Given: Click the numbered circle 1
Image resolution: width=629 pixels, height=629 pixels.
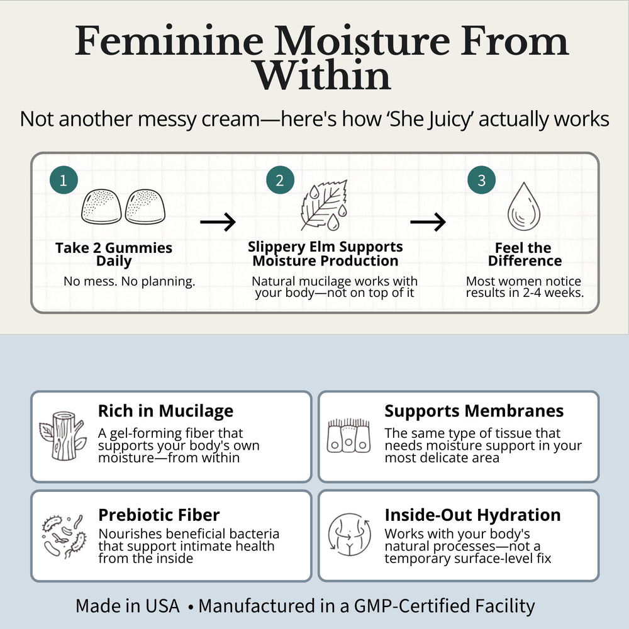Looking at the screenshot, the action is coord(64,180).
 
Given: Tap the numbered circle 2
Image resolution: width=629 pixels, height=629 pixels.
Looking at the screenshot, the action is coord(280,180).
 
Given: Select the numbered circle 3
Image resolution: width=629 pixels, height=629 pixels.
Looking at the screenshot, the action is coord(481,180).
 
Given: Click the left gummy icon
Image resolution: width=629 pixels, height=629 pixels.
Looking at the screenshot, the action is coord(101,206).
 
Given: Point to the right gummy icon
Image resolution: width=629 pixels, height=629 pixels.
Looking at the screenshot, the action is coord(145,206).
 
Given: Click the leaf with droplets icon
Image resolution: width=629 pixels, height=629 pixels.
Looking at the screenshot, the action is coord(324,206).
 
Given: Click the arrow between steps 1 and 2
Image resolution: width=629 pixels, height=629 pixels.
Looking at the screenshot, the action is coord(218,222).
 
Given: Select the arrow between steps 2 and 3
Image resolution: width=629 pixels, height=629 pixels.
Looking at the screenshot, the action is coord(428,222).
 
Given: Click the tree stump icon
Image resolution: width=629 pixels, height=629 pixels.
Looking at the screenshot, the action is coord(63,436).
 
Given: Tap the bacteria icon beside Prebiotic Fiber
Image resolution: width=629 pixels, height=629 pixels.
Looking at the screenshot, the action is coord(64,537).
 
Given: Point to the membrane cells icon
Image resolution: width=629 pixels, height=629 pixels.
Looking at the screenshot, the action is coord(348,436).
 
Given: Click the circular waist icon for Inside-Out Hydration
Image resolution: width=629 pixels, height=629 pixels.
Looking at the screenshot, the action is coord(349,535).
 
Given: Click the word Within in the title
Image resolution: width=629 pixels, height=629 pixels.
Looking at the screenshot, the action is coord(323,75).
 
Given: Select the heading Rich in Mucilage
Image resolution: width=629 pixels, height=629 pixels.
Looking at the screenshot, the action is coord(165,411).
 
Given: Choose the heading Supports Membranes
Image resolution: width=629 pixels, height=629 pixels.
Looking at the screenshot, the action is coord(474,411).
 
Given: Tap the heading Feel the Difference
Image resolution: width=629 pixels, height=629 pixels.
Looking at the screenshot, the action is coord(525,254).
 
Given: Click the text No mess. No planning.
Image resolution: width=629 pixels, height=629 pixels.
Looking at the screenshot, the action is coord(129,282).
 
